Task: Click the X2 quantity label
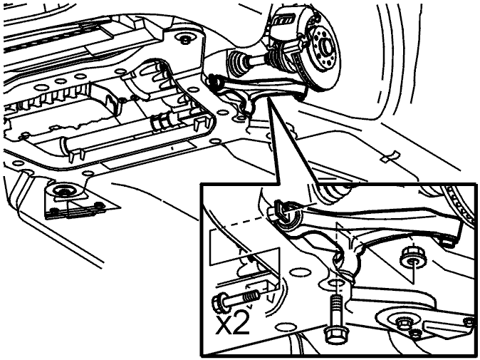point(231,324)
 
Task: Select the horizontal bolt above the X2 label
point(236,299)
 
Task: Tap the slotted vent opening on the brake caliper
point(284,22)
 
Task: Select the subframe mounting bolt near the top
point(185,38)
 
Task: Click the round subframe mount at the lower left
point(65,191)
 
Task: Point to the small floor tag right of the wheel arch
point(391,156)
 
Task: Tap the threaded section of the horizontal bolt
point(251,297)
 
